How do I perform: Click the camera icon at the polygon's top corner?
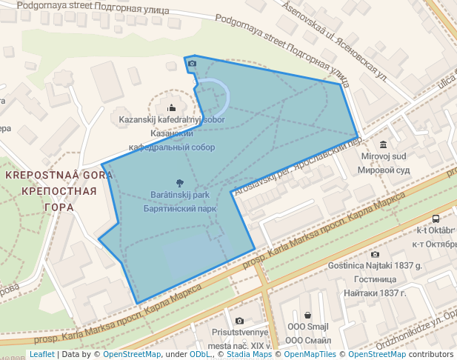[192, 64]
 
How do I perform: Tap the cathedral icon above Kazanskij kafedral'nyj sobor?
[172, 107]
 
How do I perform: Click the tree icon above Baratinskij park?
[180, 182]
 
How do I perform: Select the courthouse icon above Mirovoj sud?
[383, 144]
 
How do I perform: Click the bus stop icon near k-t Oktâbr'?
[436, 219]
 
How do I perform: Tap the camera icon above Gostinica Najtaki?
[375, 254]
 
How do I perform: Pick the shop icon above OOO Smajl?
[307, 315]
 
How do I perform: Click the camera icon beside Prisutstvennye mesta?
[238, 321]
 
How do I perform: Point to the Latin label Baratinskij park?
[180, 195]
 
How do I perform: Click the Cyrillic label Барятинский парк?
[180, 209]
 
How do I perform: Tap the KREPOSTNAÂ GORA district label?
[59, 176]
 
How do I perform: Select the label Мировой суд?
[383, 170]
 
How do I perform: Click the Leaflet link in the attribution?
[41, 355]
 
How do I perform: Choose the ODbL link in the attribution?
[199, 355]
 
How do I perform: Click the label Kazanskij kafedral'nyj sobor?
[167, 119]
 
